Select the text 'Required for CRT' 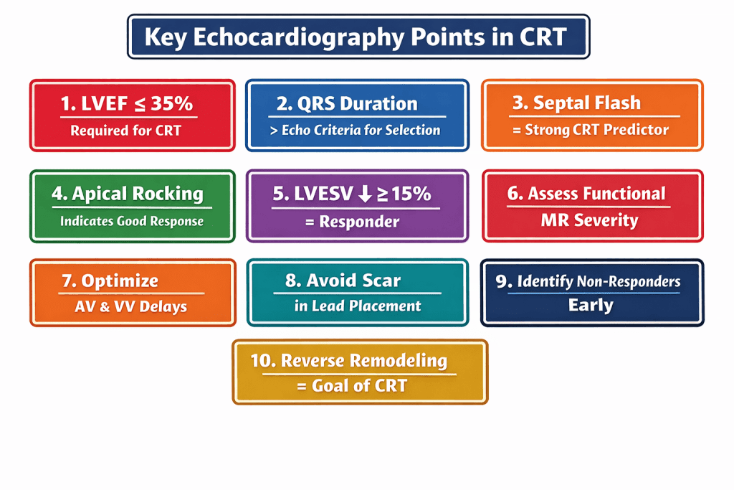click(125, 131)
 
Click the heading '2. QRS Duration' click(347, 103)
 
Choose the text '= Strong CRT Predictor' click(591, 130)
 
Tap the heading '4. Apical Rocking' click(128, 194)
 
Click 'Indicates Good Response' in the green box click(132, 221)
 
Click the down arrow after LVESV click(366, 194)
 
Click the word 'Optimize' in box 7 click(120, 281)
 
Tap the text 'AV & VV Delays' click(130, 306)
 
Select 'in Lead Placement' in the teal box click(358, 306)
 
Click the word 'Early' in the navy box click(591, 305)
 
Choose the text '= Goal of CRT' click(352, 385)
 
